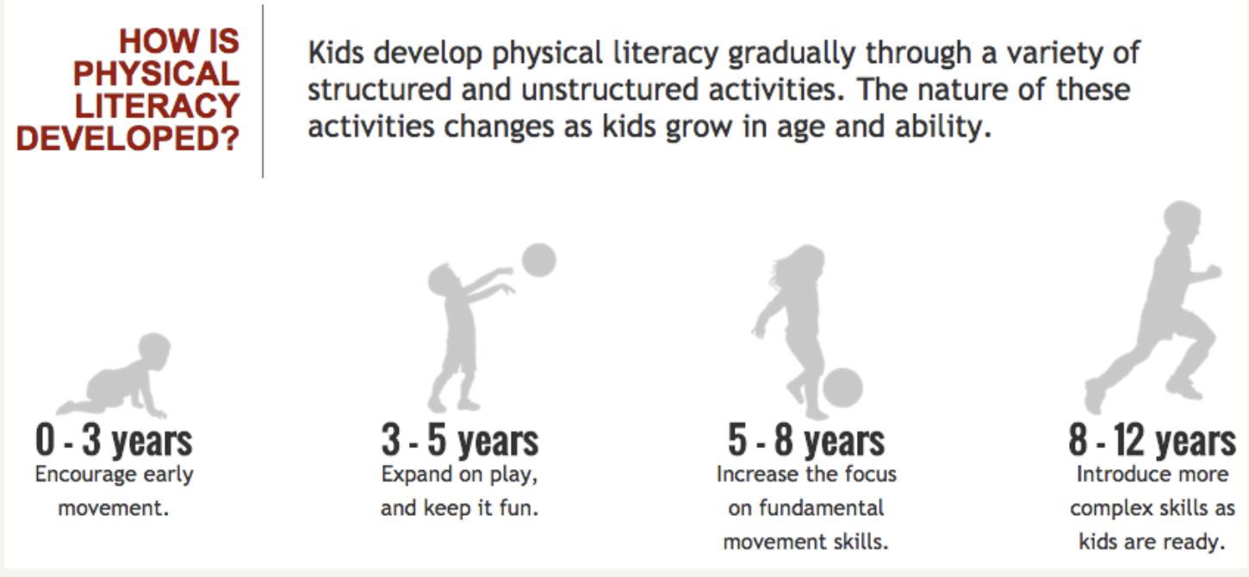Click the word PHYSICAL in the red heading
[156, 73]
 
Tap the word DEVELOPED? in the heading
[127, 139]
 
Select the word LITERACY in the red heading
[158, 106]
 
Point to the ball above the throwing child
[539, 260]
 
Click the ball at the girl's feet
[842, 388]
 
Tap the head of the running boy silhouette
[1182, 220]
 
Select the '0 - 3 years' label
[114, 440]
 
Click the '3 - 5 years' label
[460, 440]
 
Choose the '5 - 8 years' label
[806, 440]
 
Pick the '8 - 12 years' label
[1152, 440]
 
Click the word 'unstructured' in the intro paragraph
[609, 90]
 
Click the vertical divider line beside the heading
[263, 91]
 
